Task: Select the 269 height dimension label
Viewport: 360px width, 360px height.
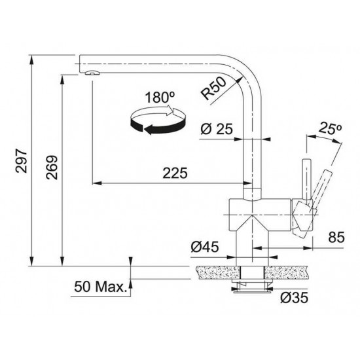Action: point(52,168)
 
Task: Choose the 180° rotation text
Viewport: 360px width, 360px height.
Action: point(160,98)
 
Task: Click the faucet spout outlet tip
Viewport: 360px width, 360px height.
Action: point(90,71)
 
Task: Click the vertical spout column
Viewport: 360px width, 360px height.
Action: point(253,144)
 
